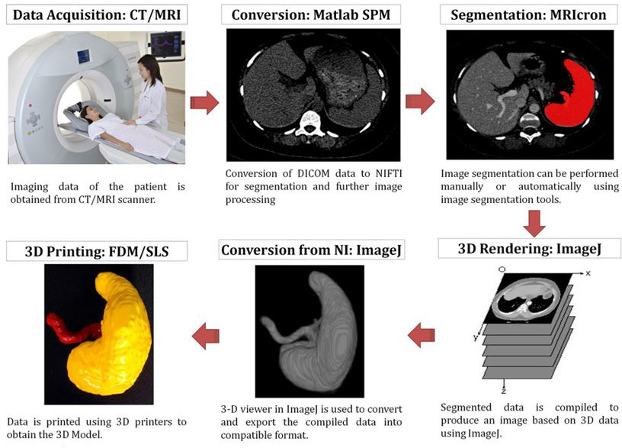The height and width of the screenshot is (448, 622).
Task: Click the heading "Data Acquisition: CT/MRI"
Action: pyautogui.click(x=97, y=15)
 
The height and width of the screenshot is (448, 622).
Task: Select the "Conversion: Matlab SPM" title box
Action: pyautogui.click(x=311, y=15)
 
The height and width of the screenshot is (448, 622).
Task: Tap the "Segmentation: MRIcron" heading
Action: pyautogui.click(x=528, y=15)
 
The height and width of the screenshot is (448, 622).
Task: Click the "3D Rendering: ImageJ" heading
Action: pyautogui.click(x=530, y=249)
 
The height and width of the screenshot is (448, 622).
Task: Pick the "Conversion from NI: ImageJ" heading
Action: pyautogui.click(x=312, y=250)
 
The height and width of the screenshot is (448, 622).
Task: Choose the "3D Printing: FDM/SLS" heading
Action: pyautogui.click(x=97, y=251)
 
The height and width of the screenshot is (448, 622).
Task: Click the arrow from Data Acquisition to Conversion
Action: pyautogui.click(x=204, y=102)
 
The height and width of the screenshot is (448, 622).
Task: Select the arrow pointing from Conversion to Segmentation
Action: pyautogui.click(x=420, y=102)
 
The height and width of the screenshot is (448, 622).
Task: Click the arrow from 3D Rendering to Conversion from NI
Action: pyautogui.click(x=421, y=336)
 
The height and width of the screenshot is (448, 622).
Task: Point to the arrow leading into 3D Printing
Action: pyautogui.click(x=206, y=336)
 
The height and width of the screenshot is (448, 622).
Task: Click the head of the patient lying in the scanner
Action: pyautogui.click(x=86, y=112)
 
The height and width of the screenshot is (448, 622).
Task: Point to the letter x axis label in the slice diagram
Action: pyautogui.click(x=588, y=273)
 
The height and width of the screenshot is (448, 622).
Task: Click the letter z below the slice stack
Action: pyautogui.click(x=504, y=392)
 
